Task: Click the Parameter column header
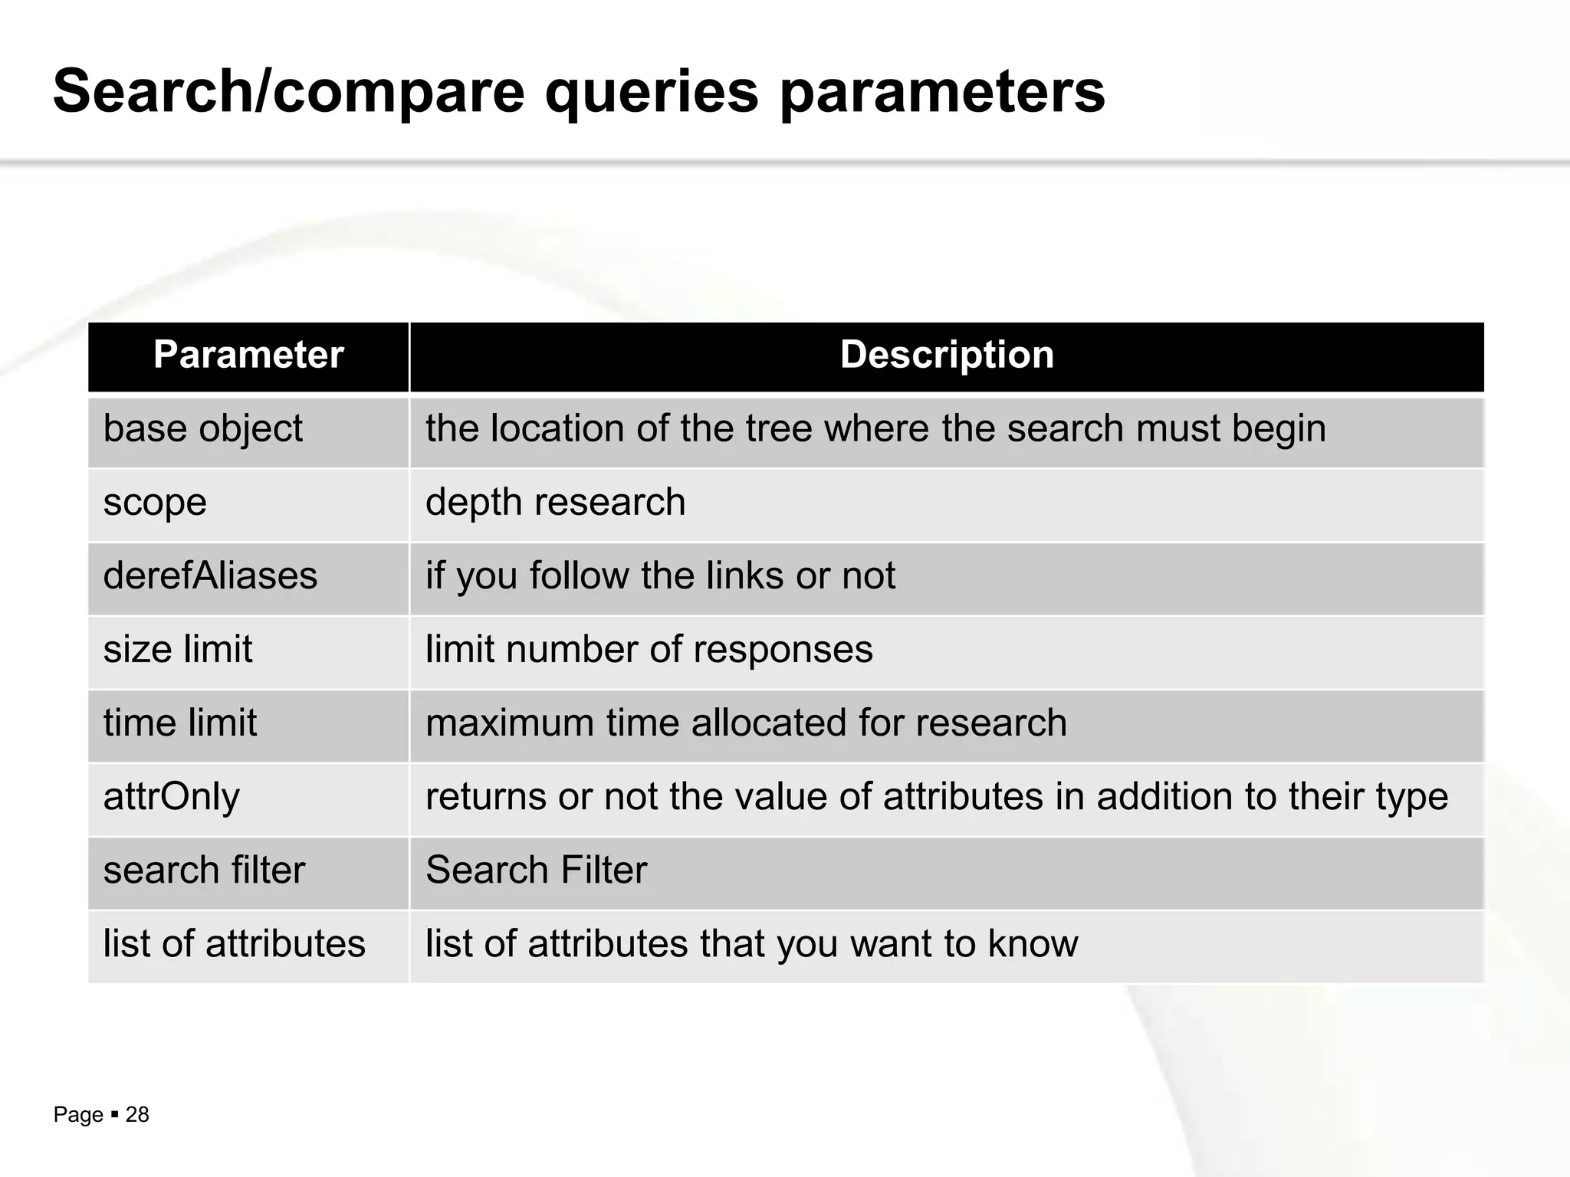tap(248, 356)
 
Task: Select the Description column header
tap(947, 356)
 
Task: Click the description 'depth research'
tap(555, 503)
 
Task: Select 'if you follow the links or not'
tap(660, 576)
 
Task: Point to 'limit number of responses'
tap(649, 650)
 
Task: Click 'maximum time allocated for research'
tap(746, 723)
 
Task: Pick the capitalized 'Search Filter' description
tap(537, 870)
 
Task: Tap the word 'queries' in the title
tap(652, 92)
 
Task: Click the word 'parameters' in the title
tap(942, 92)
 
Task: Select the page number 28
tap(137, 1115)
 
